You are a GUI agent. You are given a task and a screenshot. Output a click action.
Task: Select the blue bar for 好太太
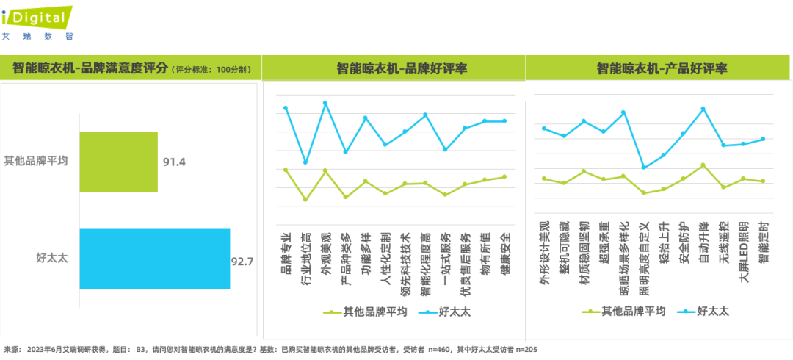[155, 259]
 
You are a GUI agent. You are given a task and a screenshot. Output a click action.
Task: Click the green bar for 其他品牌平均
[118, 162]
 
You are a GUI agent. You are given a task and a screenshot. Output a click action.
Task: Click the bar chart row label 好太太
[52, 258]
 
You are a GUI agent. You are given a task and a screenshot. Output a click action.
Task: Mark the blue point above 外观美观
[325, 103]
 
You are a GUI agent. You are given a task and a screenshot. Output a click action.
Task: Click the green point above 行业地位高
[305, 200]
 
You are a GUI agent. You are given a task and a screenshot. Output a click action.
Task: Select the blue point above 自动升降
[703, 109]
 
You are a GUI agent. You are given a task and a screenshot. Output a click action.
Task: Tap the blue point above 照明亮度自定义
[643, 168]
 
